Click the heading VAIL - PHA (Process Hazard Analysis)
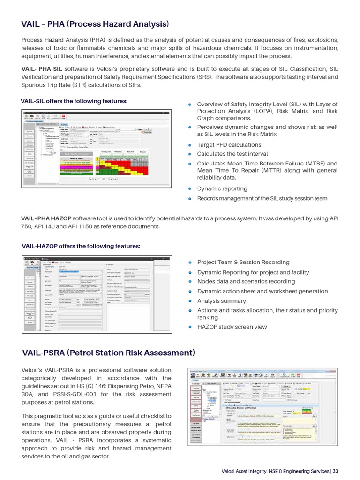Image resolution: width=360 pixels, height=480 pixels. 95,24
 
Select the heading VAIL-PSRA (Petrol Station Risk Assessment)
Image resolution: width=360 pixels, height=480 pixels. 108,352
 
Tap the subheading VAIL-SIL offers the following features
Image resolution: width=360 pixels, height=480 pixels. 74,101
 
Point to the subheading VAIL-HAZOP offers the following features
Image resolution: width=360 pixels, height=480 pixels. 81,246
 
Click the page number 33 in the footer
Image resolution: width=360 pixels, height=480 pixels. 336,472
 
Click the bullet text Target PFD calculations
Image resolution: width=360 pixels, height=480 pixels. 229,145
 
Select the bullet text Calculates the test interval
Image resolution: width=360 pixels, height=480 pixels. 232,154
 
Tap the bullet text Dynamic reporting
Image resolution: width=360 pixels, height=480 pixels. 221,188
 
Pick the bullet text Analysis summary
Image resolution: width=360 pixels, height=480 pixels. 221,301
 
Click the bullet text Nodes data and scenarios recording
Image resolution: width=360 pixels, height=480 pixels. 246,282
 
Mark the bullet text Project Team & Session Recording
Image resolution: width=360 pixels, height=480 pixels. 243,262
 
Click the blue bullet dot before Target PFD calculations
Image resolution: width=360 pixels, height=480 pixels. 190,145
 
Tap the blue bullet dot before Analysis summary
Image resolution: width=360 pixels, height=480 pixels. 190,301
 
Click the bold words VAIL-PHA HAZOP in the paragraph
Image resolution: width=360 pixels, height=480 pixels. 46,219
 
